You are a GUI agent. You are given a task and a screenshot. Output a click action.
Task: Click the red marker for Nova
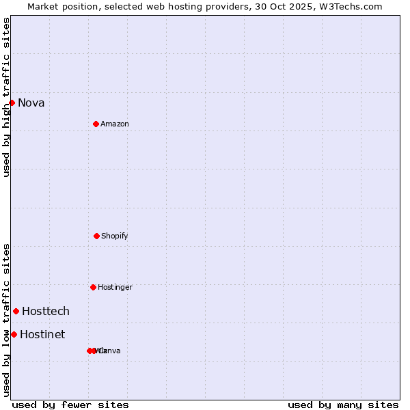pos(12,102)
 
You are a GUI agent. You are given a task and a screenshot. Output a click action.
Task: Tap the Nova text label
pos(31,103)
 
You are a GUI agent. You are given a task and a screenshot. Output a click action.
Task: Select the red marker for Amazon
pos(96,124)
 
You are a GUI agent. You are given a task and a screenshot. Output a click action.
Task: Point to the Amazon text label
pos(115,124)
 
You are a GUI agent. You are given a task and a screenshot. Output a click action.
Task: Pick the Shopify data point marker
pos(96,236)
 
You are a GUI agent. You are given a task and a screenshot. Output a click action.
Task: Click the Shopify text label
pos(115,236)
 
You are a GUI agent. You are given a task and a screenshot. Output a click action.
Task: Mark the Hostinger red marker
pos(93,287)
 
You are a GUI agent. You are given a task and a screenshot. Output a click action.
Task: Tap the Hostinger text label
pos(115,288)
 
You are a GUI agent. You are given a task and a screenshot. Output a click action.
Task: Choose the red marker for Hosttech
pos(16,311)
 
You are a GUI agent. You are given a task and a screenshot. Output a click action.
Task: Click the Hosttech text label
pos(46,312)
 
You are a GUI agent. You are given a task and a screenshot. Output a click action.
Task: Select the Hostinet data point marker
pos(14,334)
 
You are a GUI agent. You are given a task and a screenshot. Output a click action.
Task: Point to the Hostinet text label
pos(42,335)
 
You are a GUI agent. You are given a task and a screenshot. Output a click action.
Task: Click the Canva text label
pos(111,351)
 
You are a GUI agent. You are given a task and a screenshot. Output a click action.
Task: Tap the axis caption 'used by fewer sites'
pos(70,405)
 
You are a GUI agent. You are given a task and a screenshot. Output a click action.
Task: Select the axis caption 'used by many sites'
pos(343,405)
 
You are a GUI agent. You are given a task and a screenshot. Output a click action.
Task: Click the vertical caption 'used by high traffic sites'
pos(6,97)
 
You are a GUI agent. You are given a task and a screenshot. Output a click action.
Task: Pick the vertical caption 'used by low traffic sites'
pos(6,320)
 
